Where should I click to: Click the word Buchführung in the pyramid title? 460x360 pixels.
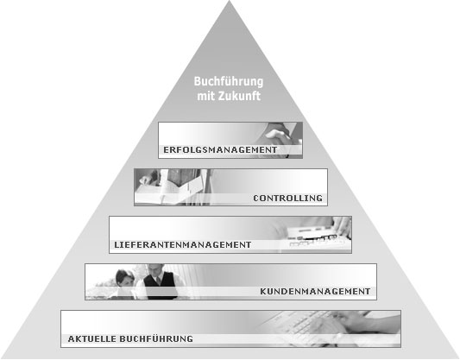[229, 81]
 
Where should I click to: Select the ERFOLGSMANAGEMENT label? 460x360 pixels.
[220, 150]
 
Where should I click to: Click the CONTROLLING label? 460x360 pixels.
[287, 199]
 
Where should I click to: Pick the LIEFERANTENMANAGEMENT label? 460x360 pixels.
[182, 244]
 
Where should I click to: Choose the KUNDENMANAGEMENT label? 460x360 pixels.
[315, 291]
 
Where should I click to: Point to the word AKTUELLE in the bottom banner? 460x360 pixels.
[91, 339]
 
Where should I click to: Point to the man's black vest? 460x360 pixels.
[161, 285]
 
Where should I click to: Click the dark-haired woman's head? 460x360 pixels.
[124, 278]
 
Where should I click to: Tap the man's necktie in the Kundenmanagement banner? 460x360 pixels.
[158, 281]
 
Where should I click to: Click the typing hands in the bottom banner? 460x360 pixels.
[352, 325]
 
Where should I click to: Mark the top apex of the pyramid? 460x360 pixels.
[230, 1]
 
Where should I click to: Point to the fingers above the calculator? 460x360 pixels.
[343, 226]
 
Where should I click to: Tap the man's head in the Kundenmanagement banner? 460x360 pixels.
[155, 270]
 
